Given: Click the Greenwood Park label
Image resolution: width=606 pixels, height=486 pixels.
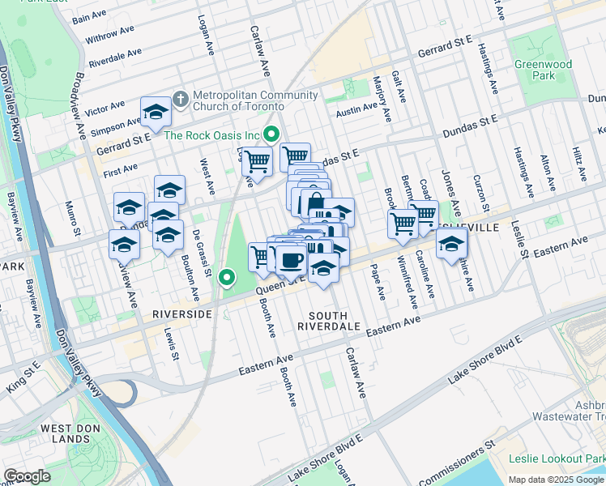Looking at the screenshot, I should [x=542, y=70].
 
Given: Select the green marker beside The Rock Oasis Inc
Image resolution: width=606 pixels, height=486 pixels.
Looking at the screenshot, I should [x=273, y=134].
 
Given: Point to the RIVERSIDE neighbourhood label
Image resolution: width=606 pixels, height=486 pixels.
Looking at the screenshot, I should [x=182, y=313].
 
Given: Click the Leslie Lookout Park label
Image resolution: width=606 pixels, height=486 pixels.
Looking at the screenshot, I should [x=556, y=458].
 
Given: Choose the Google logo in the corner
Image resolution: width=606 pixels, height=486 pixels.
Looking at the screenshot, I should [x=27, y=476].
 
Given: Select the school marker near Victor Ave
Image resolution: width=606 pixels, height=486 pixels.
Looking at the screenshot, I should [x=155, y=113].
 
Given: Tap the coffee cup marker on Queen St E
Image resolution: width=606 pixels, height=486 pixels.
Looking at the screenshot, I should [x=291, y=259].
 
